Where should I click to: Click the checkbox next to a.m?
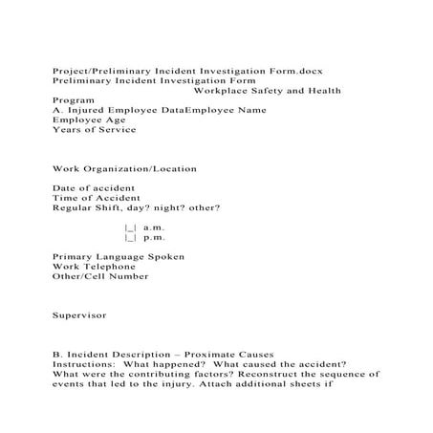point(131,228)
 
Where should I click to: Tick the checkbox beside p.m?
point(131,238)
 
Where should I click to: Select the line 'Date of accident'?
point(94,188)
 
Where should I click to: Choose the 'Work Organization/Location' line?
point(124,168)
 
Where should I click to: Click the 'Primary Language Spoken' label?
point(119,257)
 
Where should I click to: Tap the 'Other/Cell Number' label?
point(100,276)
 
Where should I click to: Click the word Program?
point(73,99)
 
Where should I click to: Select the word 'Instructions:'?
point(83,364)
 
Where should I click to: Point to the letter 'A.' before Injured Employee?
point(57,110)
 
